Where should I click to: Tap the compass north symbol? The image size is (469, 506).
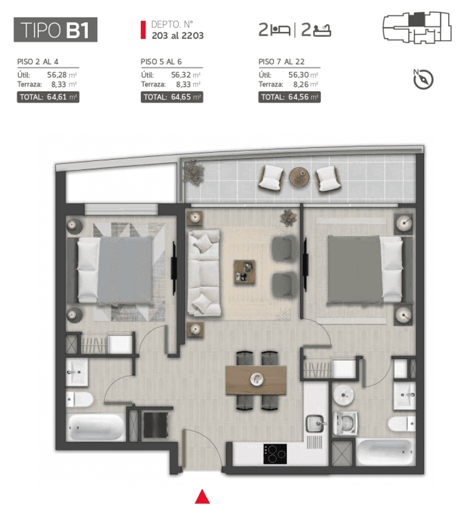tap(423, 79)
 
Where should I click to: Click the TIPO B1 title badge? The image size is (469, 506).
tap(56, 30)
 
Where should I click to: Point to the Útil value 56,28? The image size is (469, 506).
tap(57, 75)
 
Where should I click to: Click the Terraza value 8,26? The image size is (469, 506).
tap(301, 84)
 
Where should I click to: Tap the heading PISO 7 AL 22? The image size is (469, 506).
tap(281, 62)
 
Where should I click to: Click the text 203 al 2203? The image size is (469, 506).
tap(178, 36)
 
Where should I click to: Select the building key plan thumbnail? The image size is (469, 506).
tap(417, 27)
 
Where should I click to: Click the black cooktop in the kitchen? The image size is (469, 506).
tap(275, 454)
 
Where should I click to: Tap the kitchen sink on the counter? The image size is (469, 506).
tap(315, 423)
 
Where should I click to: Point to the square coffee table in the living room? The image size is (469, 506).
tap(244, 272)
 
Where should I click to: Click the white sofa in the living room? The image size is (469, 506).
tap(204, 272)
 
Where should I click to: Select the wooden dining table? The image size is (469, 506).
tap(256, 380)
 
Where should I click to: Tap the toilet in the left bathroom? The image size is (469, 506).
tap(80, 399)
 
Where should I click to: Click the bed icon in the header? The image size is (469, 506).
tap(280, 30)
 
